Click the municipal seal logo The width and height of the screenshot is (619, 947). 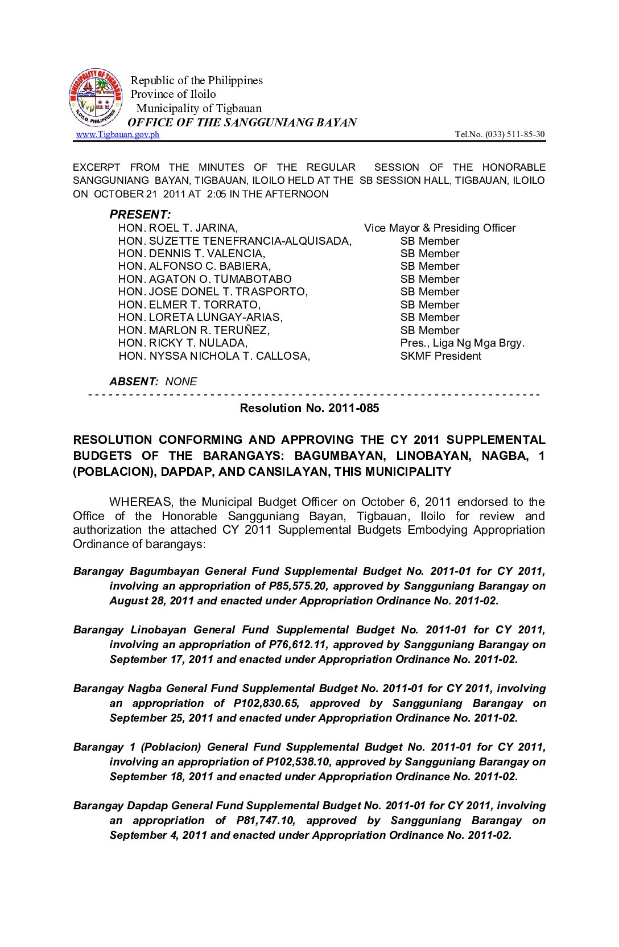[x=96, y=98]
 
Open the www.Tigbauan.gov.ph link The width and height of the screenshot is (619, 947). [x=118, y=134]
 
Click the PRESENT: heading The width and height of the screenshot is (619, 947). [x=140, y=215]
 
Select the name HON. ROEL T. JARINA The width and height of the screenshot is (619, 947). [x=178, y=228]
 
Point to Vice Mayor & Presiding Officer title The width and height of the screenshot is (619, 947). [x=440, y=228]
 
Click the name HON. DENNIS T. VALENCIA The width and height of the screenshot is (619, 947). [x=192, y=254]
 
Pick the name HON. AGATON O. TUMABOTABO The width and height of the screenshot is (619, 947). [x=205, y=279]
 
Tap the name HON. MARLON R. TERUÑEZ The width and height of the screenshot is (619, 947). [x=194, y=331]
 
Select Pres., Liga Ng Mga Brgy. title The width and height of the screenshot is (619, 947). [x=462, y=343]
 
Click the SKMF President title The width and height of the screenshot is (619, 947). [x=440, y=356]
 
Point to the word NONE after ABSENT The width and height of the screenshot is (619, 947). [x=181, y=382]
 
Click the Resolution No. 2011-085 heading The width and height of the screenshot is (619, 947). [x=309, y=408]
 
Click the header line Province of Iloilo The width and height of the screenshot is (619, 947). [x=174, y=94]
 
